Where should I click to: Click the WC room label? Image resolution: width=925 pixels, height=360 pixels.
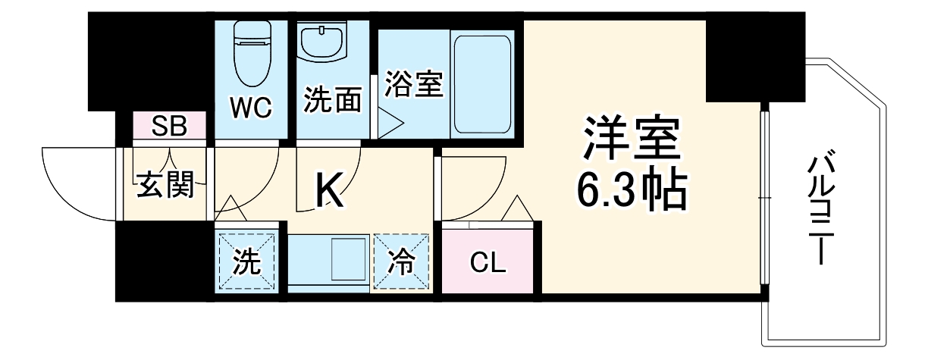point(251,107)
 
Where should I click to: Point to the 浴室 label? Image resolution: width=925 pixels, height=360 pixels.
point(412,83)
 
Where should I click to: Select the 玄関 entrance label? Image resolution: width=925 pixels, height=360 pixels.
point(165,184)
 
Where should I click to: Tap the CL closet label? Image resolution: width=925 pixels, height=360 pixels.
point(488,263)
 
